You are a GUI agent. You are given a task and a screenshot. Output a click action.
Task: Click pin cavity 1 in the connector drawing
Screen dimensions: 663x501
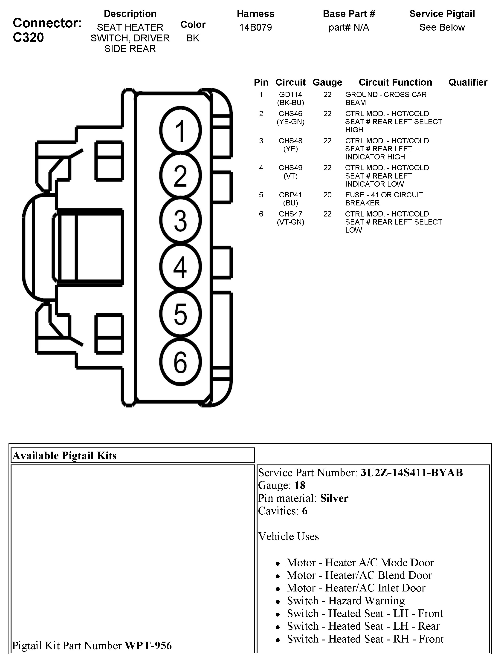coord(180,130)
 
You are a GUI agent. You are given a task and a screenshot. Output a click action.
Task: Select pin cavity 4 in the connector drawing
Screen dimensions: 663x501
coord(180,266)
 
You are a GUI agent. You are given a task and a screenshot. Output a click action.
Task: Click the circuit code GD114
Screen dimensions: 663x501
coord(290,95)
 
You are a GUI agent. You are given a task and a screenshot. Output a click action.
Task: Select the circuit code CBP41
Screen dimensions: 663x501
coord(290,195)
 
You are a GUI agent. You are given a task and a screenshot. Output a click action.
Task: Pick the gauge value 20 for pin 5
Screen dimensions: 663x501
coord(327,195)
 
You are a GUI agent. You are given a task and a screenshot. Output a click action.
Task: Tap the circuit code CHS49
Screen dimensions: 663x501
coord(290,168)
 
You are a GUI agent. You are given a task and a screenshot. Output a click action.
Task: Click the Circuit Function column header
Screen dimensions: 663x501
coord(395,82)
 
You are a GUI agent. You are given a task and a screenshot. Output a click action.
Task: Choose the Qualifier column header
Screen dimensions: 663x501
coord(468,82)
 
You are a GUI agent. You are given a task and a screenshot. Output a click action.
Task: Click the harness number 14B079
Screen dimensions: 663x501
coord(255,28)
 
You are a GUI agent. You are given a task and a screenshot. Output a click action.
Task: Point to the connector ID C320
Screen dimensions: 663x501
coord(29,38)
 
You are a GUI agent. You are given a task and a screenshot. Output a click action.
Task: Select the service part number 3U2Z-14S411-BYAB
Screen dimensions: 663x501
coord(411,473)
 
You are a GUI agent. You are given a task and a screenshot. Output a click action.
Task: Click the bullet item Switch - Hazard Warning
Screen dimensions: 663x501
coord(345,601)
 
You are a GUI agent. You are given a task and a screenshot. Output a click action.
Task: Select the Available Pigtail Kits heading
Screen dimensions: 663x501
coord(64,455)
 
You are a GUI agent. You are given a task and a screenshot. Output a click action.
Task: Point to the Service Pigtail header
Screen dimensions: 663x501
coord(442,14)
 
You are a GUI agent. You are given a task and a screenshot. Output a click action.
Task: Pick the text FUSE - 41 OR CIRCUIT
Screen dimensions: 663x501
coord(384,195)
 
